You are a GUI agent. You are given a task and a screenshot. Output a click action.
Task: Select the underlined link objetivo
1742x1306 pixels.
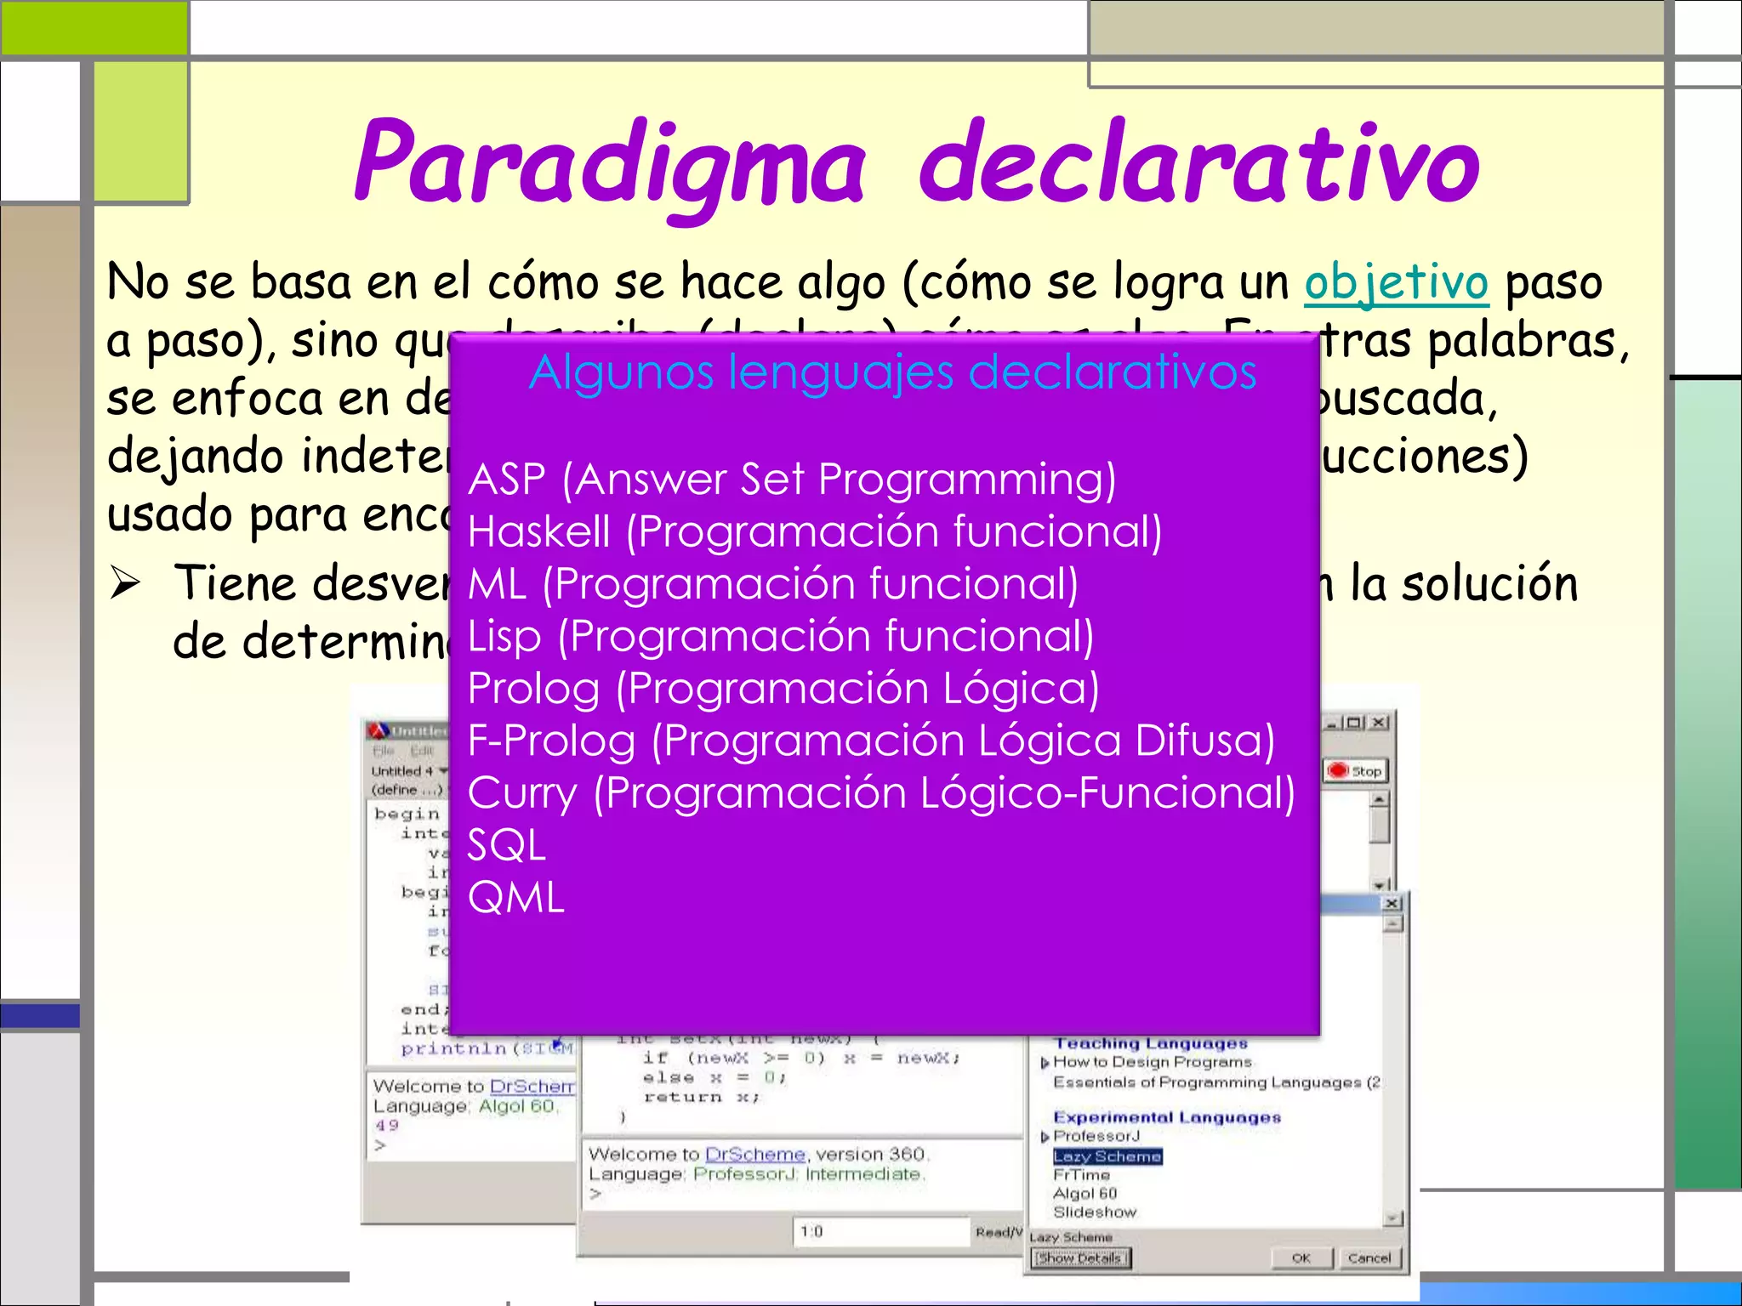click(x=1397, y=282)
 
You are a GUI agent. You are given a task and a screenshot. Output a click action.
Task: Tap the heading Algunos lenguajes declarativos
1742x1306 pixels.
click(x=892, y=372)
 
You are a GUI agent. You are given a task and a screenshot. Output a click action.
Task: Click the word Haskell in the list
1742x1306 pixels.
click(x=538, y=532)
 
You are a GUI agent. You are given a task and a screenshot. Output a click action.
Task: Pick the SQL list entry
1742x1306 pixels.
click(x=506, y=846)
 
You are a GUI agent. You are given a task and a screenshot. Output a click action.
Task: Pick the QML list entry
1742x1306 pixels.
click(x=515, y=898)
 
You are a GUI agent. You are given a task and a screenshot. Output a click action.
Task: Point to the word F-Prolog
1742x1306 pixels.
click(x=551, y=741)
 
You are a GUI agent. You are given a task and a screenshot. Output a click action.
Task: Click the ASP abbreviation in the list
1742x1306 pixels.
click(x=506, y=480)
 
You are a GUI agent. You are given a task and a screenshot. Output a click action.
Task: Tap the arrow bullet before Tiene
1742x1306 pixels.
click(x=125, y=584)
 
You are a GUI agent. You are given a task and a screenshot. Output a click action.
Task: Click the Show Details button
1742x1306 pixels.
click(x=1080, y=1258)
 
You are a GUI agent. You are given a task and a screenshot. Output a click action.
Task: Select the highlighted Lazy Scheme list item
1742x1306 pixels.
click(x=1107, y=1156)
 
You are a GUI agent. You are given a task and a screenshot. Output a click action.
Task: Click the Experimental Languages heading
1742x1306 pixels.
click(x=1166, y=1117)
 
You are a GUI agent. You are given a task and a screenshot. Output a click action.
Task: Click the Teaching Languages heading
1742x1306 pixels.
click(x=1150, y=1043)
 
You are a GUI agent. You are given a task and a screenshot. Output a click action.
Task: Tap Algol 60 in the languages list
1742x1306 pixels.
click(x=1084, y=1193)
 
